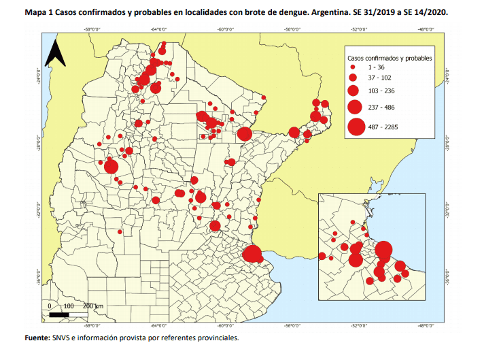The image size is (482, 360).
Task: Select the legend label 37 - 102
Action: [x=379, y=78]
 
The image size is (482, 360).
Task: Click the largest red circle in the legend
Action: [x=355, y=127]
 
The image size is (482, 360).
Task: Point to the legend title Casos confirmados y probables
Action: [x=389, y=58]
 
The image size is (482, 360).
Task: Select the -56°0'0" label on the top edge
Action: [x=294, y=29]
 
